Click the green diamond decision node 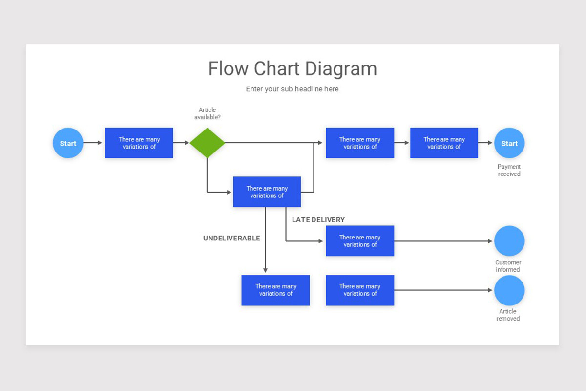pos(207,143)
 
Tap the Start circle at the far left pos(68,143)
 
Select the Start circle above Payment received pos(509,143)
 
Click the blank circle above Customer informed pos(509,241)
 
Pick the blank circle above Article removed pos(509,290)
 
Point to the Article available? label pos(208,113)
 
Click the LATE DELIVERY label pos(318,220)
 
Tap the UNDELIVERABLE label pos(231,239)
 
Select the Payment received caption pos(509,170)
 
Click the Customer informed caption pos(508,266)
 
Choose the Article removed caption pos(508,315)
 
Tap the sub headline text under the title pos(292,89)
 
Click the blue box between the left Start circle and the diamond pos(139,143)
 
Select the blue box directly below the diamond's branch pos(267,192)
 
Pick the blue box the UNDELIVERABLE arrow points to pos(275,290)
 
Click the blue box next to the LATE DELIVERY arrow pos(360,241)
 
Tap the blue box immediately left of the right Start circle pos(444,143)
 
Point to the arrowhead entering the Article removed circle pos(491,290)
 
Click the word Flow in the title pos(229,69)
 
